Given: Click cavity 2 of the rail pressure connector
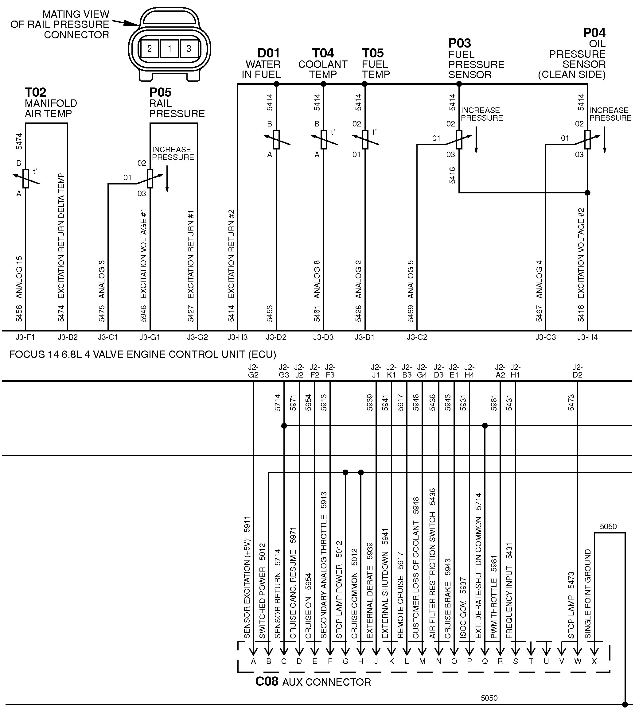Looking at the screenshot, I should coord(150,48).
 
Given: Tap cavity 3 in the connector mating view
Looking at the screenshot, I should coord(189,48).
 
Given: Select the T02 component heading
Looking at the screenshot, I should coord(35,92).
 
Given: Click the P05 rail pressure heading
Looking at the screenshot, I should coord(160,92).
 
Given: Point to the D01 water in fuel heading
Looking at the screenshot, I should coord(269,53).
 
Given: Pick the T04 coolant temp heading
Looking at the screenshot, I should coord(323,53).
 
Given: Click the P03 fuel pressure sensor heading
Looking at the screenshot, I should coord(460,44).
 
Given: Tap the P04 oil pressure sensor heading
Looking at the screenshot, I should coord(594,33).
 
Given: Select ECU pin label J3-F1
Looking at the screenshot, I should coord(25,337).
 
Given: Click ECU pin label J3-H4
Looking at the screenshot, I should coord(587,337).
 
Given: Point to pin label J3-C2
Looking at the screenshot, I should coord(417,337).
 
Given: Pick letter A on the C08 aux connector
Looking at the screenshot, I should coord(253,661).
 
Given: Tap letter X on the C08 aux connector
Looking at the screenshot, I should coord(594,661).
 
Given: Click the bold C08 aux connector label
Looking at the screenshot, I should coord(267,682).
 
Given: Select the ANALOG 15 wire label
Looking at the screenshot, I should coord(19,277).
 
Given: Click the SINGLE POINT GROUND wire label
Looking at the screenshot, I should coord(588,594).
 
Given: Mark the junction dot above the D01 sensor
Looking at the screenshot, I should coord(276,84).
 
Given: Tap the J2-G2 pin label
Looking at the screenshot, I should coord(253,371).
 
